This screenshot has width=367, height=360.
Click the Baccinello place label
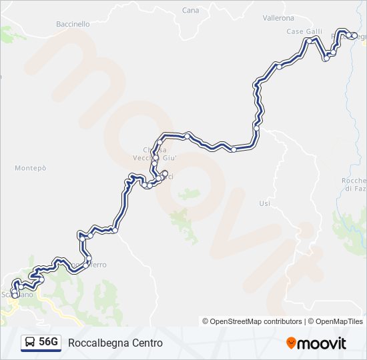pos(73,24)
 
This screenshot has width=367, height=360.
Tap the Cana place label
pos(190,11)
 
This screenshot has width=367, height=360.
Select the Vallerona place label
pos(278,18)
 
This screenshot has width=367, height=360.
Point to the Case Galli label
pos(304,31)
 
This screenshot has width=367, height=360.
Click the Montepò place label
pos(31,168)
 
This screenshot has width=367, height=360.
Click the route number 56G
pos(48,343)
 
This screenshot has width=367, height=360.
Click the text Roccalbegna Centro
pos(115,343)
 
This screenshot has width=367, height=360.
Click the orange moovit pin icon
pos(292,343)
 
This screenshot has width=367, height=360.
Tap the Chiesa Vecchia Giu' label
pos(158,153)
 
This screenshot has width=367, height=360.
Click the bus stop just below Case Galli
pos(309,41)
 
